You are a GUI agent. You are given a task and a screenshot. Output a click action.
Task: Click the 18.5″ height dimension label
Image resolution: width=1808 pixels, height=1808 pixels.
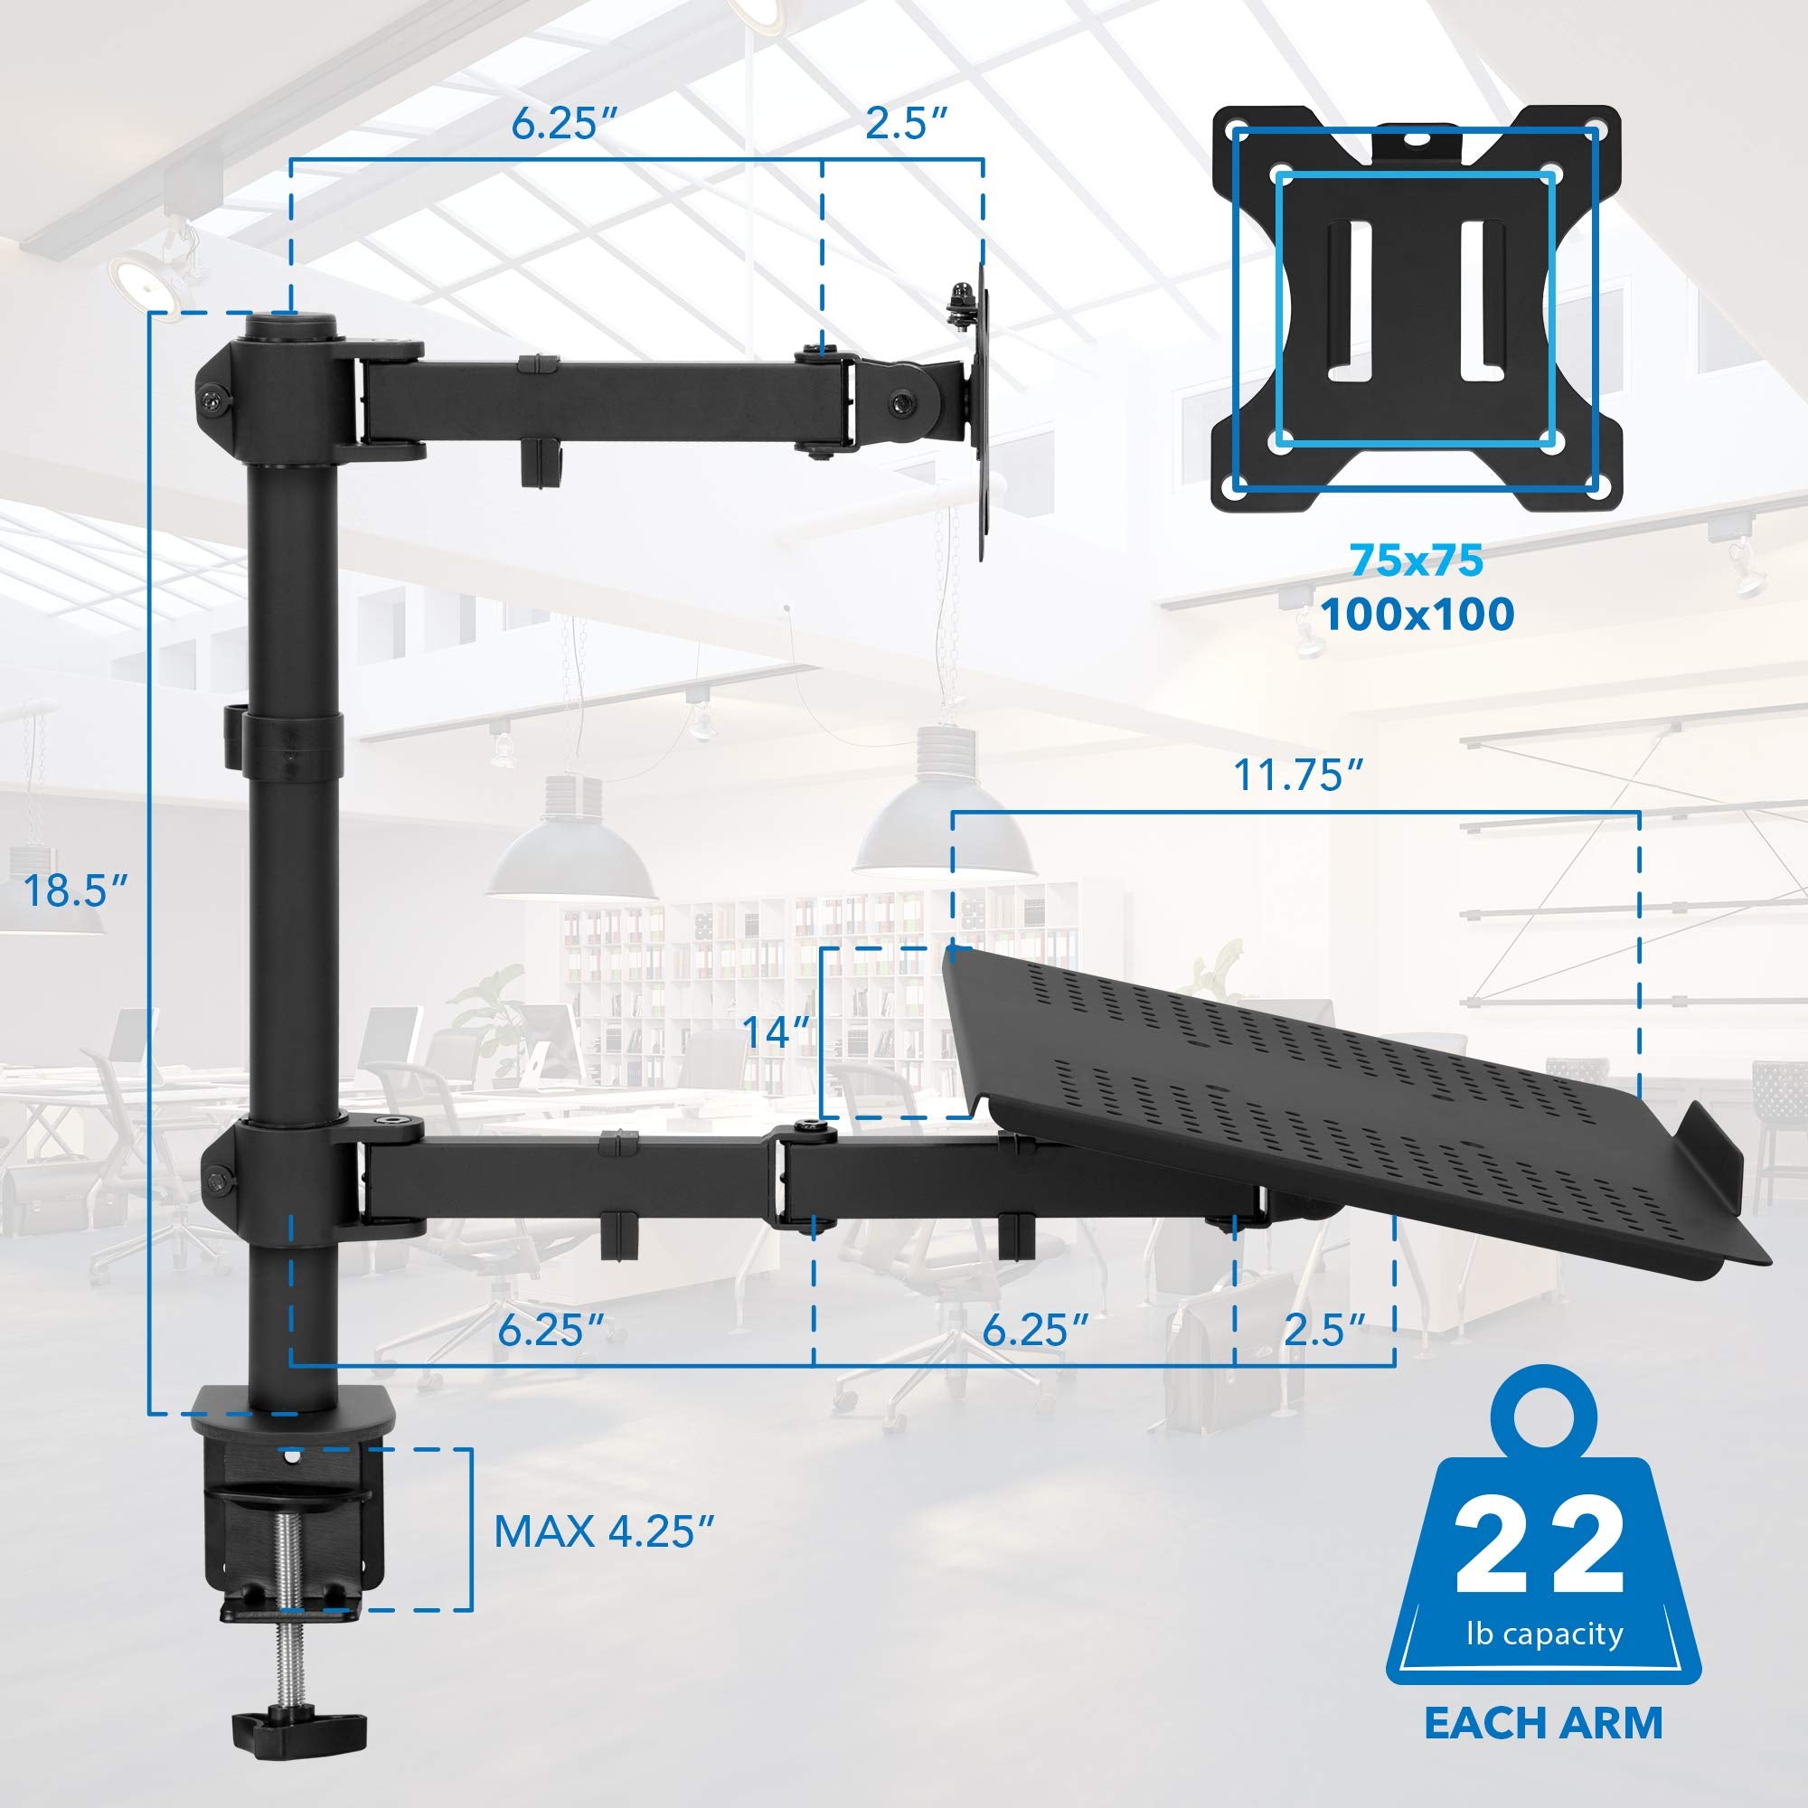[x=75, y=890]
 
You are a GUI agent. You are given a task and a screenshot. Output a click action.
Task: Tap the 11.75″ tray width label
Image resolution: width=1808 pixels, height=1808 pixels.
[x=1298, y=775]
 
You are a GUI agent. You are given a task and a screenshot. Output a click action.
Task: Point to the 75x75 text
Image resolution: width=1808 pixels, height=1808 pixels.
[x=1417, y=560]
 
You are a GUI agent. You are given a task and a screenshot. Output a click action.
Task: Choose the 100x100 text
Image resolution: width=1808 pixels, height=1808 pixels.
[x=1417, y=615]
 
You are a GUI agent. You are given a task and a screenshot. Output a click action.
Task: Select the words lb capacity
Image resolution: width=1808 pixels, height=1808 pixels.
[x=1544, y=1634]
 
